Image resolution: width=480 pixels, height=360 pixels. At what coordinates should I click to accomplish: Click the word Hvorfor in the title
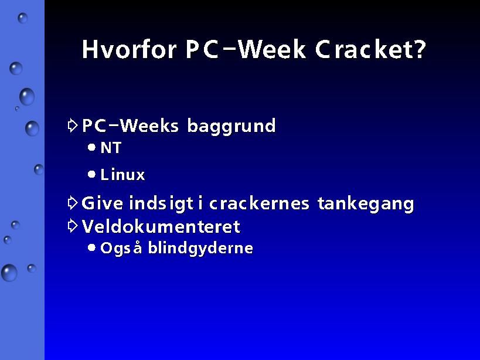point(129,49)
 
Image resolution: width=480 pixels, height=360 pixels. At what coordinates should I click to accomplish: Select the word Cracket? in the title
point(370,49)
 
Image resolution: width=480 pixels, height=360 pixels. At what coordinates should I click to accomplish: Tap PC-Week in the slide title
point(246,49)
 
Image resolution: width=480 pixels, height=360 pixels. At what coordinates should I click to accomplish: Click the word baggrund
point(232,126)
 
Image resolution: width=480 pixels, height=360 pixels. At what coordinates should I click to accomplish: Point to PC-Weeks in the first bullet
point(130,125)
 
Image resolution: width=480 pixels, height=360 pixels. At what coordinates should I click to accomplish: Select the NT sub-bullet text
point(111,148)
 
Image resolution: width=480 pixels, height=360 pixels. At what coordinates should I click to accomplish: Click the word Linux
point(122,175)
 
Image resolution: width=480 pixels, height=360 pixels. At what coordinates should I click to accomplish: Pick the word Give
point(102,203)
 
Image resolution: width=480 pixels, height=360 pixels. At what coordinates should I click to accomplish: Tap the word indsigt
point(161,204)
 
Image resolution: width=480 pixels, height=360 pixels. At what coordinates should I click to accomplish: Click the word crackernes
point(259,203)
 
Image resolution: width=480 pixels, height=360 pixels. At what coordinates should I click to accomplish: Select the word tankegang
point(366,204)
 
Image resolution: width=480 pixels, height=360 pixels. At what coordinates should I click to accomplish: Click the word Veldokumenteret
point(161,226)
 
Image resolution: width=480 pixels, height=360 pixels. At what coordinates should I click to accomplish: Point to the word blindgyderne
point(200,248)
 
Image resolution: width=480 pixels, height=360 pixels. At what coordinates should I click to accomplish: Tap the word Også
point(121,248)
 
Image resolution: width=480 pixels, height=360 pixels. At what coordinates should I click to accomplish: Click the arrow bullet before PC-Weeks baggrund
point(72,125)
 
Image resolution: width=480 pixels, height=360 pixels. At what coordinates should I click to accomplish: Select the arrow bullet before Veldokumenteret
point(72,226)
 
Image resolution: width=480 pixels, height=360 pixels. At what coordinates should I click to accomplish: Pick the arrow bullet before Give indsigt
point(72,203)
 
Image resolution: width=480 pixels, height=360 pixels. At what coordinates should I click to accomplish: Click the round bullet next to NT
point(91,148)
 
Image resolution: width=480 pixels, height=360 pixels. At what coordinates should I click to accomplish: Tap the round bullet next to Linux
point(91,175)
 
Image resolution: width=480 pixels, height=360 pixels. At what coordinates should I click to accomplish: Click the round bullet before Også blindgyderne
point(91,247)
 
